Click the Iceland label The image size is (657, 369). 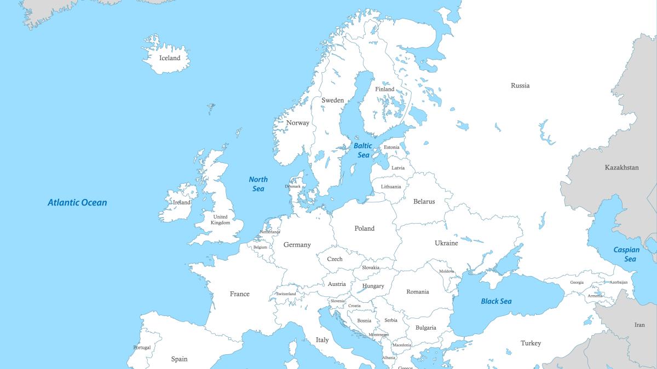(169, 58)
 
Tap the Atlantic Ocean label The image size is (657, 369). (77, 203)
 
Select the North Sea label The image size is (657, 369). (258, 184)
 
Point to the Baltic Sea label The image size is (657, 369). (363, 150)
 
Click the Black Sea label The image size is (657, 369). (496, 301)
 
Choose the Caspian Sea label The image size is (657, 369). (626, 254)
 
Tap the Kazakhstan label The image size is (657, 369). (621, 167)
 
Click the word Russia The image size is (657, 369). (520, 86)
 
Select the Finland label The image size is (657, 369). (384, 89)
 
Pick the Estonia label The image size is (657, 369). (391, 148)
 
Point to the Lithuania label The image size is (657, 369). (391, 187)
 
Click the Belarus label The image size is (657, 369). (424, 202)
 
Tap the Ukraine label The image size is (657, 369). (446, 243)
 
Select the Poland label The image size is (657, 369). (364, 229)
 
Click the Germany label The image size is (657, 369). (297, 245)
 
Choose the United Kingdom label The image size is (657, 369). (221, 220)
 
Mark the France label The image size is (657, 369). (239, 294)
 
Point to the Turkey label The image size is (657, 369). (531, 343)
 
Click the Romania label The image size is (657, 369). (418, 292)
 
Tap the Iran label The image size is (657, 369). (639, 325)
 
